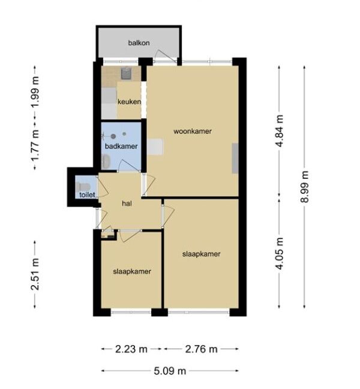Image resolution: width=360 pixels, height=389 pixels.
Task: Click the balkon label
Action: (x=139, y=43)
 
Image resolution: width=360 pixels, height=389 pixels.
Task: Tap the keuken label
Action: (x=129, y=101)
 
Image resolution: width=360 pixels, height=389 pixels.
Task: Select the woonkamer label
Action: (x=193, y=131)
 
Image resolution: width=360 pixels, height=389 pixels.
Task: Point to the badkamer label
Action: (x=121, y=146)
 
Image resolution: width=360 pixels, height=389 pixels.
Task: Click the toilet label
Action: (x=87, y=194)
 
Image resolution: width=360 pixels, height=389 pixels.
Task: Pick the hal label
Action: (x=127, y=204)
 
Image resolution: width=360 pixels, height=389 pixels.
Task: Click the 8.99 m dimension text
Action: (x=305, y=187)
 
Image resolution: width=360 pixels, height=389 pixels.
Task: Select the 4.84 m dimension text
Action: (x=280, y=131)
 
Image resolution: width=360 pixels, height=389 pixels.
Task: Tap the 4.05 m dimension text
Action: (x=280, y=253)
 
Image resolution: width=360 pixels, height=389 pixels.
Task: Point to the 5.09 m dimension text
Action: (x=170, y=371)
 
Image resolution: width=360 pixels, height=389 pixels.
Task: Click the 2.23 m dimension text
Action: (x=131, y=349)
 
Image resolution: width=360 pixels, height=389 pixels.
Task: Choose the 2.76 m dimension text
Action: (x=202, y=349)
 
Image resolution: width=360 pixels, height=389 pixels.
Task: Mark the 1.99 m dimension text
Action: (x=35, y=92)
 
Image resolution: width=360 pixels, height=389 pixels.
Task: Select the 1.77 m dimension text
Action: (x=35, y=146)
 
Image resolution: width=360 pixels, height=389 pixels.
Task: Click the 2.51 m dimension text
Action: (x=35, y=274)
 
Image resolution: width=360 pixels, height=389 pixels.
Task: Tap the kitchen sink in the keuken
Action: (x=127, y=73)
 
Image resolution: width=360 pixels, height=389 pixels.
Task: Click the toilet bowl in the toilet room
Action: (x=83, y=187)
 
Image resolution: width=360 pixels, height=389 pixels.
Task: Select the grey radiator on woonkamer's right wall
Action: (x=235, y=158)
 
